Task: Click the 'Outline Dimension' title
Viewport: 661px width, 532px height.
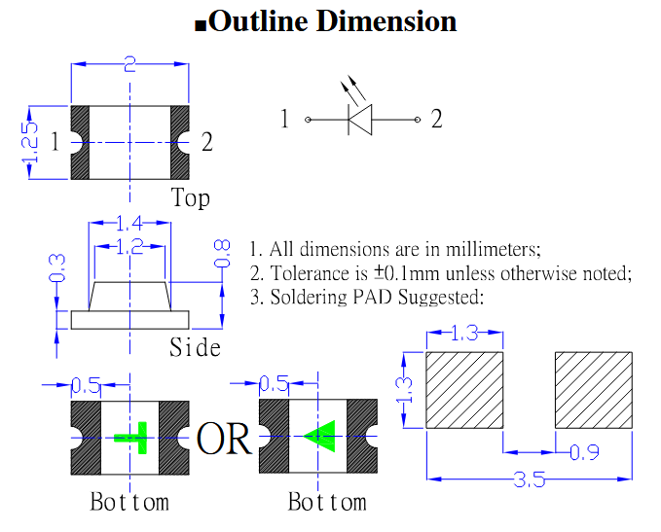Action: tap(331, 21)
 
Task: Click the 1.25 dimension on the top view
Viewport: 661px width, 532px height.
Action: tap(31, 142)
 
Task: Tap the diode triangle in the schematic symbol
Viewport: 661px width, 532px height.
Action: tap(360, 120)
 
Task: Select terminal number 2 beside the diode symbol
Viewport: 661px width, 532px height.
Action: tap(437, 120)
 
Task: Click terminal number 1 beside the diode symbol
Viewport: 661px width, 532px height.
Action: tap(284, 120)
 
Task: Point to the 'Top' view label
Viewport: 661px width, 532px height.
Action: tap(190, 198)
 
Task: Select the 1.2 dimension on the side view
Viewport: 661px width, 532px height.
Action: tap(129, 247)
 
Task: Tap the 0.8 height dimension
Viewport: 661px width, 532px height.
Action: tap(223, 255)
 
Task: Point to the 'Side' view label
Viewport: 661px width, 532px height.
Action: tap(195, 347)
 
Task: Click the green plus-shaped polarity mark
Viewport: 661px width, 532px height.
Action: tap(132, 437)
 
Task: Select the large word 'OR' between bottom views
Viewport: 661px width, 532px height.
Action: tap(224, 440)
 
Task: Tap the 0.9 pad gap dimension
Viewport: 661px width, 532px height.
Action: tap(583, 453)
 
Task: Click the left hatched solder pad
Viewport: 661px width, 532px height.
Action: tap(464, 389)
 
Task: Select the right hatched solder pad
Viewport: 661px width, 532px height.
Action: tap(594, 389)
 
